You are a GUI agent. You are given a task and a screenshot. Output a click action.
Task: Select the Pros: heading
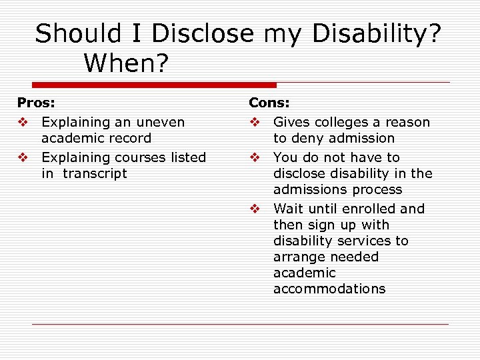pyautogui.click(x=36, y=103)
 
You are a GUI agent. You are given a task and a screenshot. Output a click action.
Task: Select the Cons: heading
pyautogui.click(x=269, y=103)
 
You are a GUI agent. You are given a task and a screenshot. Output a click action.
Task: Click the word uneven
pyautogui.click(x=161, y=123)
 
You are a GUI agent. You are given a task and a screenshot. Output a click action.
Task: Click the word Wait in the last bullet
pyautogui.click(x=287, y=209)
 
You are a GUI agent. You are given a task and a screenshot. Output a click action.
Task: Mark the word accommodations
pyautogui.click(x=329, y=289)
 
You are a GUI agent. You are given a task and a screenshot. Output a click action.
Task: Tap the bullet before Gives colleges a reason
pyautogui.click(x=255, y=123)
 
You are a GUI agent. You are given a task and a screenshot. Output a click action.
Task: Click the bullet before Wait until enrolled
pyautogui.click(x=255, y=209)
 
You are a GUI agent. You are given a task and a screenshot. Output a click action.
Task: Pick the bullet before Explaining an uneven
pyautogui.click(x=23, y=123)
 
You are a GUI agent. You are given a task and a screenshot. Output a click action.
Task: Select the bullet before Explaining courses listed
pyautogui.click(x=23, y=157)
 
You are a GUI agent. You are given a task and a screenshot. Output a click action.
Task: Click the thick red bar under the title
pyautogui.click(x=153, y=85)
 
